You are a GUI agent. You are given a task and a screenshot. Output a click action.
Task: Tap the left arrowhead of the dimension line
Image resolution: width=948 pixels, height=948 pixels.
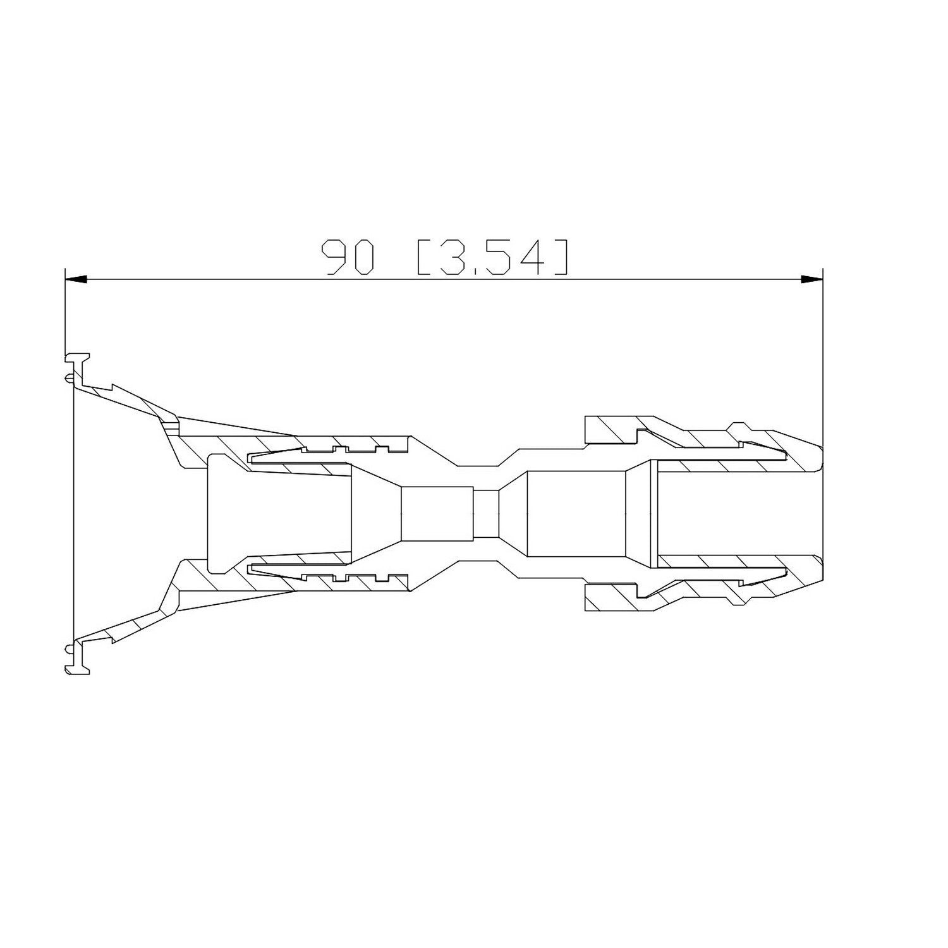(76, 279)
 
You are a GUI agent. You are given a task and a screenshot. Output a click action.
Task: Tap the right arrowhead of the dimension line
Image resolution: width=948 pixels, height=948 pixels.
(811, 279)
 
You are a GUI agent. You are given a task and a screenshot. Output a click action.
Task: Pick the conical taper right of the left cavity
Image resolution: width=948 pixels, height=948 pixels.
(376, 513)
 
